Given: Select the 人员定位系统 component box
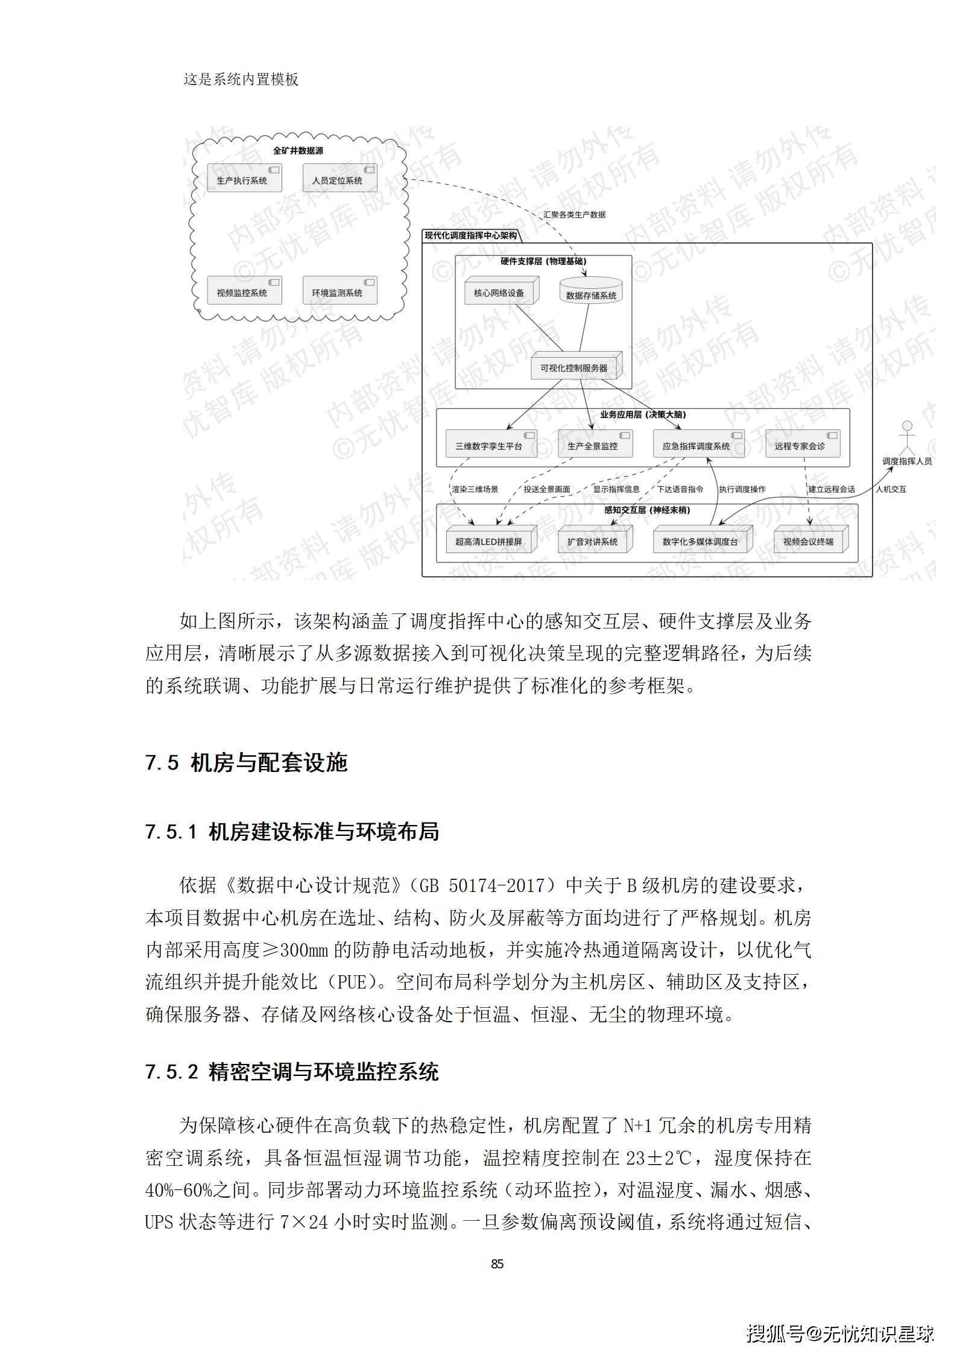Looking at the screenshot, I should (340, 179).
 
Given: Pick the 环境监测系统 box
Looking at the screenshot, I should (340, 291).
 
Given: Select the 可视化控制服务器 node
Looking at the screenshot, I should (575, 366).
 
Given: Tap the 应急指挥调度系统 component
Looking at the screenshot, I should (698, 444).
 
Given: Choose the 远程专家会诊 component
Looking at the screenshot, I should (802, 444).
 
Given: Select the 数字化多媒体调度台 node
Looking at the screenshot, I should (702, 540).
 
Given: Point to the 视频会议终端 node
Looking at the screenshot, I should (810, 540).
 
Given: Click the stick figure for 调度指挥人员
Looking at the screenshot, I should (906, 438).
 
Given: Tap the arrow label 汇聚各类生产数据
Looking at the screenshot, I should (574, 215).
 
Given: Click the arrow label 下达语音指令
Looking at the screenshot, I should (680, 489).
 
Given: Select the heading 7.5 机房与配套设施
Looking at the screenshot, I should (246, 763).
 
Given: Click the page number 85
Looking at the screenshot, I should (497, 1264).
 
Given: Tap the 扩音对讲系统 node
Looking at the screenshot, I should (594, 540).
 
